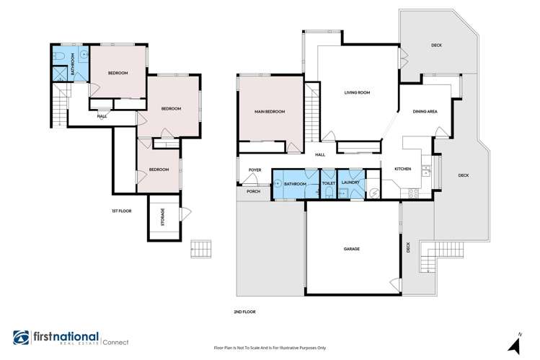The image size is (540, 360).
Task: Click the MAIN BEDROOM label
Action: (269, 112)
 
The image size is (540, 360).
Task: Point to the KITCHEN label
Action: (402, 169)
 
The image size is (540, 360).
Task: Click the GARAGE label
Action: (351, 249)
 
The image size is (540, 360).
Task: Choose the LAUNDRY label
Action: (350, 184)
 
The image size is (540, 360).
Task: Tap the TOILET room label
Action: (328, 184)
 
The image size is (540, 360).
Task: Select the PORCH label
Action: (254, 191)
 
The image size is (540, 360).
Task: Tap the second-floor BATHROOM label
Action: (296, 184)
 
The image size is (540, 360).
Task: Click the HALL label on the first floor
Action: (102, 115)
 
